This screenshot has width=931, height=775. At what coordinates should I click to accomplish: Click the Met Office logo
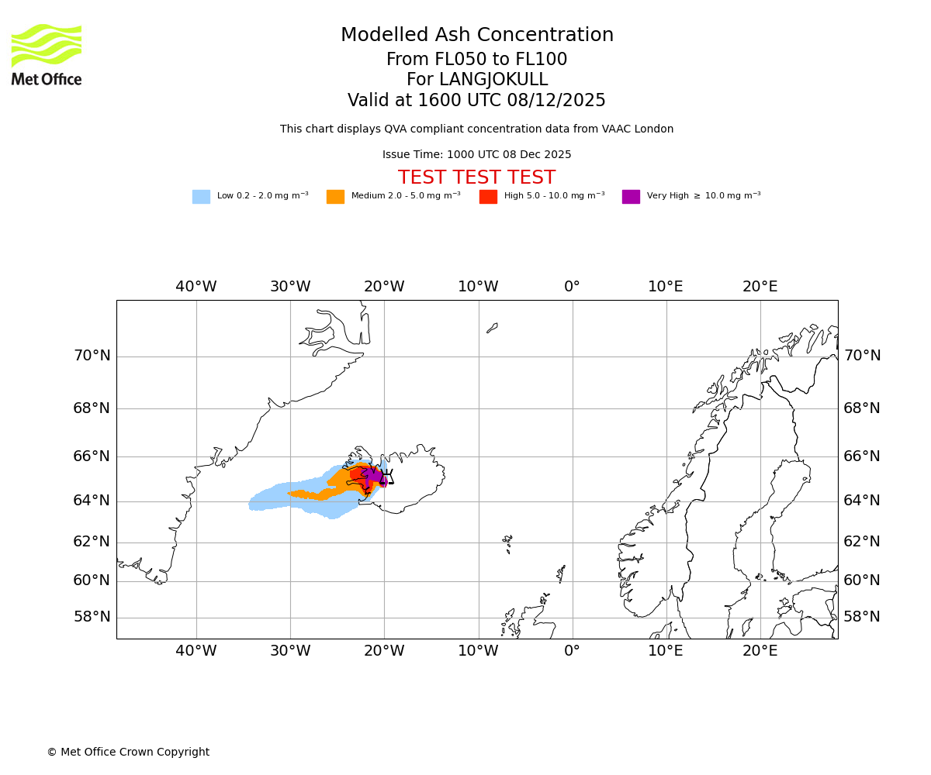tap(47, 54)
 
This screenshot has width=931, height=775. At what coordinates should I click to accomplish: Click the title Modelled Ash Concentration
tap(476, 36)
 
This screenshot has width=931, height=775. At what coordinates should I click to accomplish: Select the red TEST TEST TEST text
tap(476, 178)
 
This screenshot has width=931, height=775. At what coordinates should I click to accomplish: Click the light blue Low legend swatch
tap(201, 197)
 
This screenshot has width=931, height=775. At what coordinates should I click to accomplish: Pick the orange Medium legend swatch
tap(335, 197)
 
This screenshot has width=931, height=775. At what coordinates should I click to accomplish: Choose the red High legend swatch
tap(488, 197)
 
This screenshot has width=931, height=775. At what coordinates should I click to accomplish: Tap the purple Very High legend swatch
tap(631, 197)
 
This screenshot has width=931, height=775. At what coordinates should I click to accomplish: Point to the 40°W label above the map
tap(196, 287)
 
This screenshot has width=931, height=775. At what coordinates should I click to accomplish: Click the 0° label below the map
tap(572, 651)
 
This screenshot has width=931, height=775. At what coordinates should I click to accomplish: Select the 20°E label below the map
tap(760, 651)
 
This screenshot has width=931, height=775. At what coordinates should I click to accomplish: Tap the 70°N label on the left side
tap(92, 356)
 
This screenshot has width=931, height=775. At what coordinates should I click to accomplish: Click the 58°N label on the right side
tap(862, 617)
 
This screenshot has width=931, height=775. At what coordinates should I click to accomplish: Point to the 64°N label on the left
tap(92, 501)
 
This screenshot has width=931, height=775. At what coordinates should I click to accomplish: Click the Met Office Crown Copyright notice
tap(128, 752)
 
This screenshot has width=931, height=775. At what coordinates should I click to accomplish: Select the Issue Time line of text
tap(476, 155)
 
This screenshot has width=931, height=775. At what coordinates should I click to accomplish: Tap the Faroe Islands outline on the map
tap(507, 541)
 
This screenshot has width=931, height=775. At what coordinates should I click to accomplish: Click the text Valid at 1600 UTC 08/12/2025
tap(476, 101)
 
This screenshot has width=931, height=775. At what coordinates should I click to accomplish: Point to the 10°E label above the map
tap(666, 287)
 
